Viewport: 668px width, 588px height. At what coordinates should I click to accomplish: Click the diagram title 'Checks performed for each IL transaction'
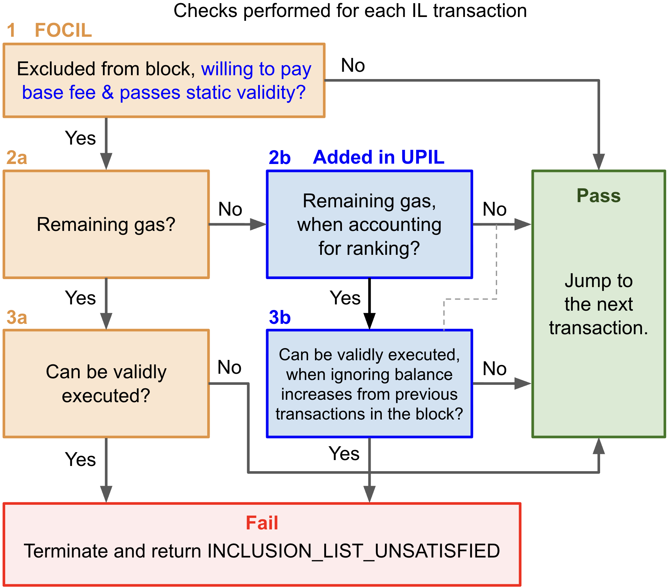[x=350, y=10]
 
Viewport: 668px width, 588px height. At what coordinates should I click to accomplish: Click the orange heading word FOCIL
[x=63, y=30]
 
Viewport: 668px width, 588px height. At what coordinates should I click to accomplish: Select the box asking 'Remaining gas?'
[x=106, y=224]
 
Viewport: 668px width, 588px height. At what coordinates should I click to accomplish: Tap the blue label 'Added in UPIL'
[x=379, y=157]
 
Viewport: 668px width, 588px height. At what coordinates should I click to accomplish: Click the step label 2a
[x=17, y=158]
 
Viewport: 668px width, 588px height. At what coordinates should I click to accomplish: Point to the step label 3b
[x=280, y=317]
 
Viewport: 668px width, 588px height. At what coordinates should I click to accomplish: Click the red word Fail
[x=262, y=523]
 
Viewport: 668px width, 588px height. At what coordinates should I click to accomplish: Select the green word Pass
[x=598, y=196]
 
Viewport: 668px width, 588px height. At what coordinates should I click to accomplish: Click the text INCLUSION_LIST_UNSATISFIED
[x=353, y=551]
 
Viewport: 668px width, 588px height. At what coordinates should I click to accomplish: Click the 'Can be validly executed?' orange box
[x=106, y=383]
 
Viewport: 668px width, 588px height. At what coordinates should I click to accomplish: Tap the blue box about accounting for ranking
[x=369, y=224]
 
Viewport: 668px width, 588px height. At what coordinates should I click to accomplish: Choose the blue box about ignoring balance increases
[x=369, y=384]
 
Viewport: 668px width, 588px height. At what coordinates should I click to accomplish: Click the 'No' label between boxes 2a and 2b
[x=230, y=209]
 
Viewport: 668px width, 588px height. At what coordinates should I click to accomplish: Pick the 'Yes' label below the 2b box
[x=345, y=298]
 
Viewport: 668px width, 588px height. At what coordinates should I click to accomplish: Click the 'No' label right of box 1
[x=353, y=65]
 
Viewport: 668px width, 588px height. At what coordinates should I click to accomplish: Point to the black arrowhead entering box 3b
[x=369, y=321]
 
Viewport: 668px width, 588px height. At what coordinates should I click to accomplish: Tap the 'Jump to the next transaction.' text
[x=598, y=304]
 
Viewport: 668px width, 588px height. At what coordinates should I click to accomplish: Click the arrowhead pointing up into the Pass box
[x=598, y=447]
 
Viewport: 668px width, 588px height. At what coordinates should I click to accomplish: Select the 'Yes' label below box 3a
[x=80, y=459]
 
